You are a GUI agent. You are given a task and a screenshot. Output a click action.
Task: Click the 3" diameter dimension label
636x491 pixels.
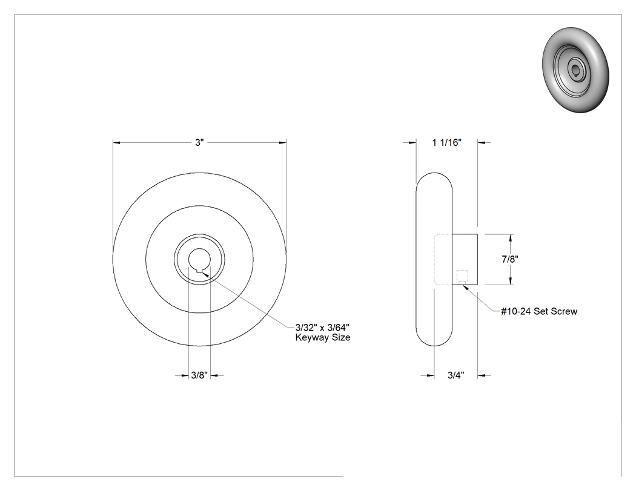click(199, 143)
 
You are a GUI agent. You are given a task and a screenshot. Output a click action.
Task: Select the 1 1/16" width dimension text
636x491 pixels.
click(446, 142)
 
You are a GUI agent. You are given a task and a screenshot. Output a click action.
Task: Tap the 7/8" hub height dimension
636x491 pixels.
click(510, 259)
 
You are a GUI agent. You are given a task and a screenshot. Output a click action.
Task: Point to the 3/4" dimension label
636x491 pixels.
click(456, 375)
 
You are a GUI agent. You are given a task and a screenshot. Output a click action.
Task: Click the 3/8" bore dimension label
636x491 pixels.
click(199, 375)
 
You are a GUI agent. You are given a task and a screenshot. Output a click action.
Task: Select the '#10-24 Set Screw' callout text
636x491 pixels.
click(539, 311)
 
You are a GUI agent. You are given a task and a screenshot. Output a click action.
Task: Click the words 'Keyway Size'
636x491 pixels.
click(323, 337)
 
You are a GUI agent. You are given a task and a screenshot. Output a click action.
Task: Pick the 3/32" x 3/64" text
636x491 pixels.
click(322, 327)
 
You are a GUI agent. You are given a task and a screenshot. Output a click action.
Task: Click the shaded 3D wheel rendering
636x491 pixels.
click(575, 70)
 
